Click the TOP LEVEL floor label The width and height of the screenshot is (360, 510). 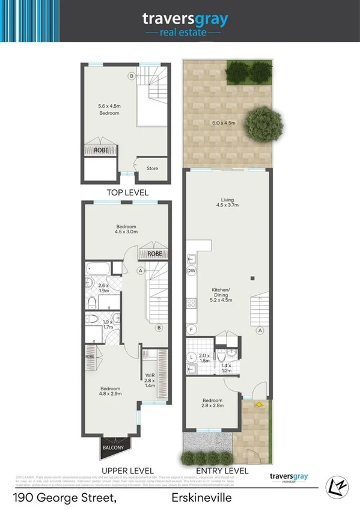click(x=127, y=192)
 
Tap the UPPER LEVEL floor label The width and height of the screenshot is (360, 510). click(x=127, y=470)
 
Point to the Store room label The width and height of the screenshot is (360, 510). click(x=152, y=168)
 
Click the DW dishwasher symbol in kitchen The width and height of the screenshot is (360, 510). click(x=192, y=271)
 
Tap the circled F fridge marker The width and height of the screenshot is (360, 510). click(x=192, y=330)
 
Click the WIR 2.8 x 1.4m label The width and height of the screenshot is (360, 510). click(x=150, y=382)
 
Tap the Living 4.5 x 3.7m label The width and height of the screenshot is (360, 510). click(x=227, y=203)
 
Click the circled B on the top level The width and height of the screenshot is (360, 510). click(x=132, y=76)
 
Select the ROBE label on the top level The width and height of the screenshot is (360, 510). click(x=101, y=150)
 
